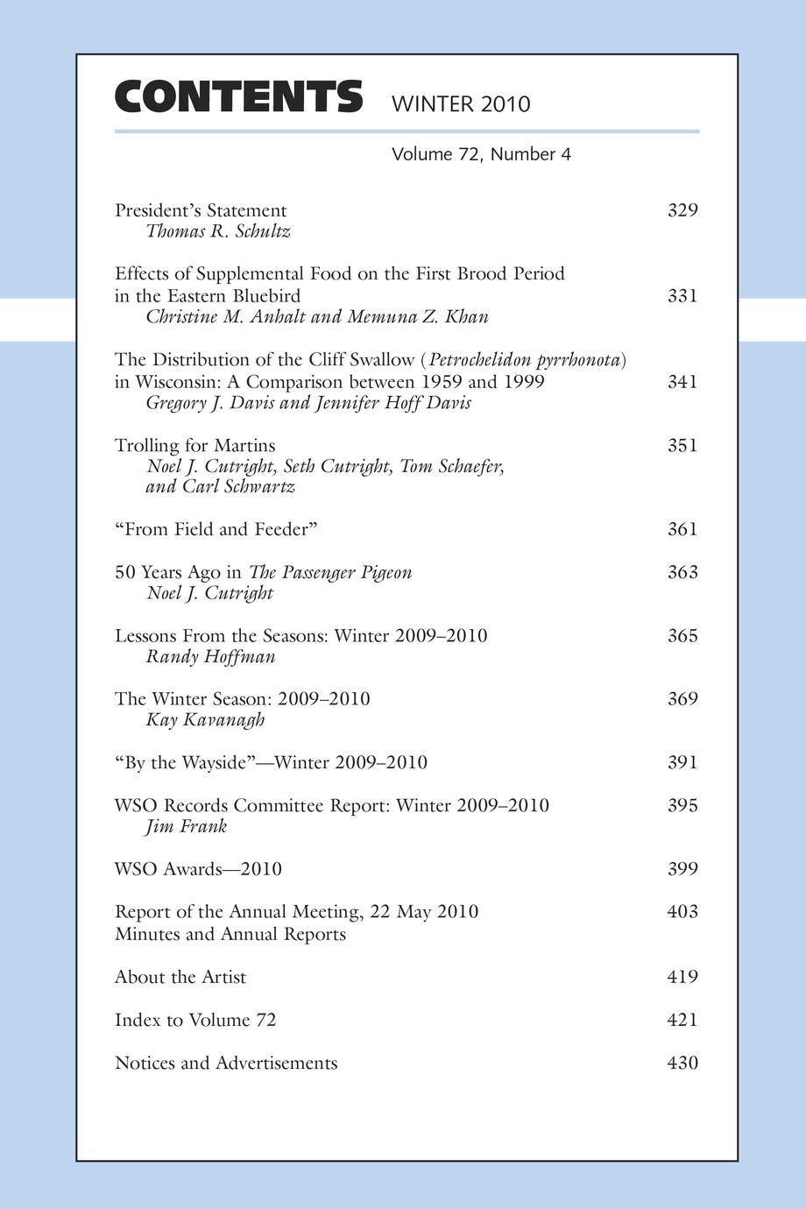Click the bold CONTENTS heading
click(238, 97)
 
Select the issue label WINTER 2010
click(461, 104)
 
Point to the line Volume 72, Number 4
click(481, 155)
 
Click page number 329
click(682, 210)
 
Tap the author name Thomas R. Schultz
click(218, 231)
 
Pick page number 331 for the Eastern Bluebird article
click(682, 295)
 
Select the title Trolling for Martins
click(195, 445)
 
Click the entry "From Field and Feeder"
click(216, 529)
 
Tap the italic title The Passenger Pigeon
click(330, 572)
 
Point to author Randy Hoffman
click(210, 657)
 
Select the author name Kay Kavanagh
click(205, 720)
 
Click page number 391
click(682, 762)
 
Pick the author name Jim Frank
click(187, 826)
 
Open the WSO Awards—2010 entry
click(198, 869)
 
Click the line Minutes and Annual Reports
click(230, 934)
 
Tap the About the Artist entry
click(180, 977)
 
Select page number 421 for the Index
click(682, 1020)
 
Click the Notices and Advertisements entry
click(226, 1063)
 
